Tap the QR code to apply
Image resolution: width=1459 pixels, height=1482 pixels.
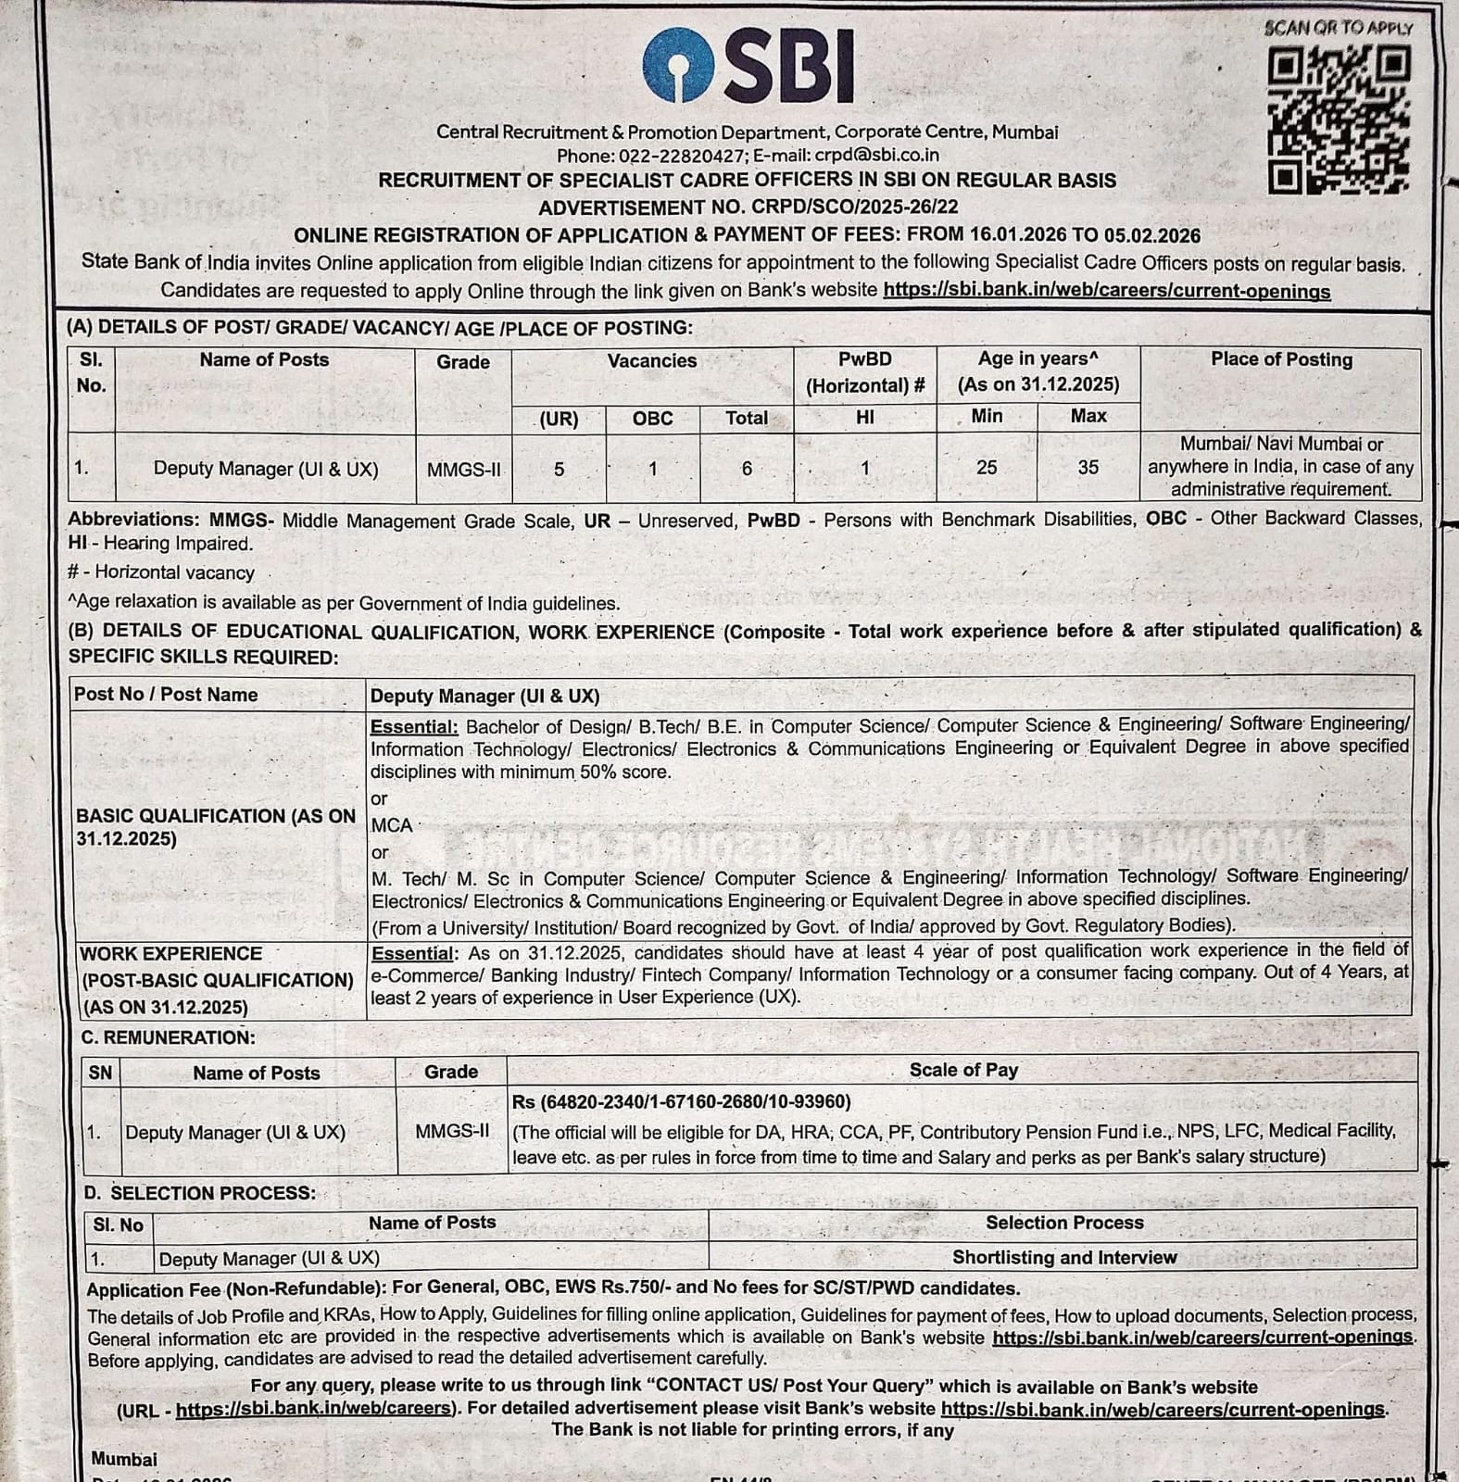click(x=1339, y=120)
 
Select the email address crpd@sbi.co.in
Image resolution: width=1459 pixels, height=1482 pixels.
click(x=876, y=156)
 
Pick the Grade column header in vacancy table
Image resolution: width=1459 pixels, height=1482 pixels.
click(x=463, y=362)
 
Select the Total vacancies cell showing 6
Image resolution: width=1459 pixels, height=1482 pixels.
click(x=747, y=469)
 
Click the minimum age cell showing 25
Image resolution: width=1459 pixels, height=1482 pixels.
click(x=987, y=468)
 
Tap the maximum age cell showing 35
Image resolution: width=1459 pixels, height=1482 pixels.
click(x=1088, y=468)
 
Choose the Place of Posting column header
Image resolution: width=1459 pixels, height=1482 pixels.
click(x=1281, y=359)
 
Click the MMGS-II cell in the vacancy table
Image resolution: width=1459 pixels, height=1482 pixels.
click(x=463, y=470)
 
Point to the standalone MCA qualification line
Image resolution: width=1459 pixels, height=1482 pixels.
click(x=391, y=824)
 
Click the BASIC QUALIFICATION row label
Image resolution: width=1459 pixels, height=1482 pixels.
click(x=216, y=827)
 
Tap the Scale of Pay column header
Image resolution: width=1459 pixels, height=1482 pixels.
click(x=963, y=1070)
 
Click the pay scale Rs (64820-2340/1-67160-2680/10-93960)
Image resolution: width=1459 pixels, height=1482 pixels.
click(x=681, y=1101)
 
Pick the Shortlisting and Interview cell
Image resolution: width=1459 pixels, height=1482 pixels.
click(x=1064, y=1257)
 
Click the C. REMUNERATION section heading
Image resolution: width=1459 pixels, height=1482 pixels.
click(x=168, y=1037)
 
